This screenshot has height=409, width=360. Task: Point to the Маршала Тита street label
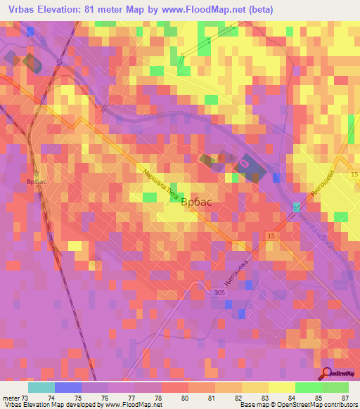pyautogui.click(x=159, y=186)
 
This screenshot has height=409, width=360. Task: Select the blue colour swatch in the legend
pyautogui.click(x=68, y=387)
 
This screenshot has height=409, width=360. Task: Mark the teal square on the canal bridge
pyautogui.click(x=297, y=207)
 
